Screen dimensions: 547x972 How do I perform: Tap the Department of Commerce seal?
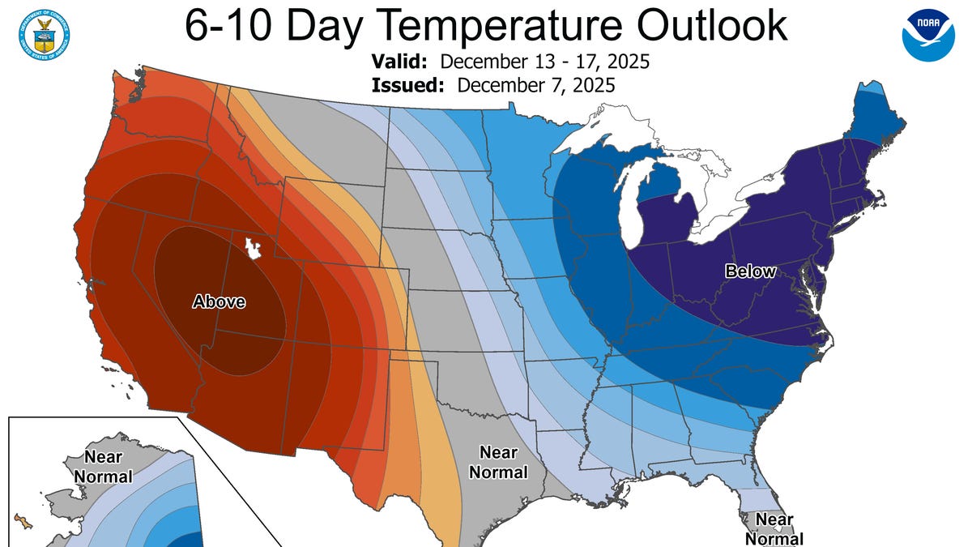point(42,32)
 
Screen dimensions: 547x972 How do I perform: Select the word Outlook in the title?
point(712,26)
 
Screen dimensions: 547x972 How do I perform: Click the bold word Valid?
point(402,62)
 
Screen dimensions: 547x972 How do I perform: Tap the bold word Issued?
point(407,85)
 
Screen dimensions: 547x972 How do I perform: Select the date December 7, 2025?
point(535,85)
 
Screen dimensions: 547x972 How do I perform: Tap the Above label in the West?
point(218,302)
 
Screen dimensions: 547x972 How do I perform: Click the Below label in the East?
point(750,271)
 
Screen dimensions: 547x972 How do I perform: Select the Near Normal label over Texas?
point(498,462)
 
